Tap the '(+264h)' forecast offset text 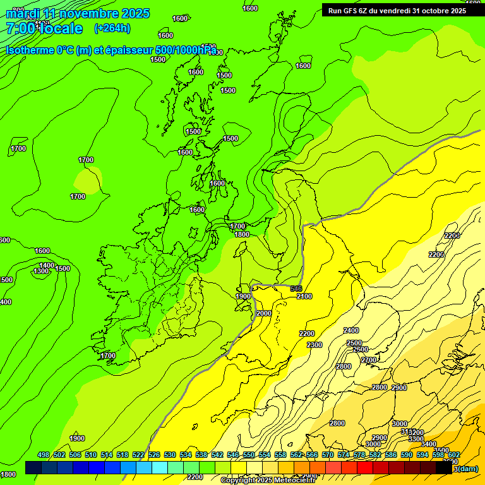pos(112,28)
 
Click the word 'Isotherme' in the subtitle pos(30,50)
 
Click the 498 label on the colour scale pos(44,455)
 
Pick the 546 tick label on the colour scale pos(233,455)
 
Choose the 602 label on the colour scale pos(454,455)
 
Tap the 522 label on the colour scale pos(138,455)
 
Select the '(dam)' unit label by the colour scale pos(467,469)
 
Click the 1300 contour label pos(41,272)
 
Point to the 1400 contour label pos(47,265)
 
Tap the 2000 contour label pos(264,313)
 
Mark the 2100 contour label pos(304,296)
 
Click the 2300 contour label pos(314,345)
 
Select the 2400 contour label pos(351,330)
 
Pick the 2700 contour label pos(368,360)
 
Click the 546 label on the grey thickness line pos(296,289)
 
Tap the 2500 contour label pos(354,343)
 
